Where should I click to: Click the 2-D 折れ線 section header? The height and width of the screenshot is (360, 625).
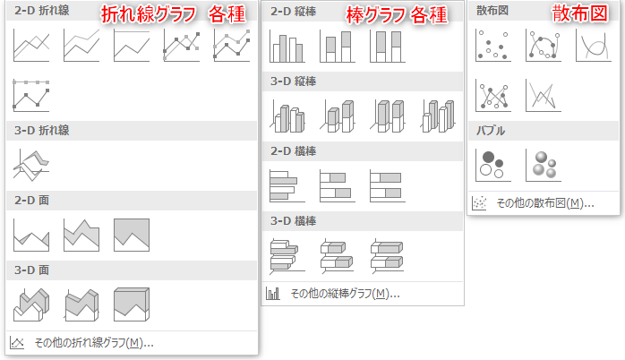click(x=42, y=11)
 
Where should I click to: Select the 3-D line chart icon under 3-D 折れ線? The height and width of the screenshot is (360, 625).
click(x=31, y=165)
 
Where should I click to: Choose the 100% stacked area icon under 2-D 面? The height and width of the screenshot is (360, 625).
click(x=132, y=235)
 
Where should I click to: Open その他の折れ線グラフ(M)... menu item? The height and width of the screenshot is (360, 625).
click(x=94, y=342)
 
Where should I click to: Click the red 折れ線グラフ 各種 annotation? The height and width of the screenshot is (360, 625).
click(x=173, y=14)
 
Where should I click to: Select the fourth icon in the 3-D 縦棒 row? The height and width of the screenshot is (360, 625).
click(x=438, y=116)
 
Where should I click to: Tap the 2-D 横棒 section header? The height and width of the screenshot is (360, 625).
click(x=294, y=151)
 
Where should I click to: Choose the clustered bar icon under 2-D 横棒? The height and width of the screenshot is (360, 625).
click(x=287, y=185)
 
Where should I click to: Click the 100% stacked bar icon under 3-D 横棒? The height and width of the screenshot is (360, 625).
click(x=387, y=255)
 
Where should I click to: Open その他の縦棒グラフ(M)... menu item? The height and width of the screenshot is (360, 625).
click(x=345, y=294)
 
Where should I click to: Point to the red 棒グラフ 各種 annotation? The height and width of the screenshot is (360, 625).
click(x=397, y=15)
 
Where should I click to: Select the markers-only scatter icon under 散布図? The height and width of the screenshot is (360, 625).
click(x=493, y=45)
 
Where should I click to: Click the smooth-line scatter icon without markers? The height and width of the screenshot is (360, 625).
click(x=594, y=45)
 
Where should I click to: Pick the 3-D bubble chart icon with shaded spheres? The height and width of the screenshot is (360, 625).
click(x=544, y=165)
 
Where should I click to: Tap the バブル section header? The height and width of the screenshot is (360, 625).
click(x=491, y=131)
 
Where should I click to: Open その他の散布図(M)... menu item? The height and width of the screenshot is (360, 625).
click(x=545, y=203)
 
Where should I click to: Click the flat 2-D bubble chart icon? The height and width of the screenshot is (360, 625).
click(x=493, y=165)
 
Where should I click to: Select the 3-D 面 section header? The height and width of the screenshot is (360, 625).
click(x=32, y=270)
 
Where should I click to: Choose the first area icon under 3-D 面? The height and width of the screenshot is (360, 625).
click(x=31, y=304)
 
